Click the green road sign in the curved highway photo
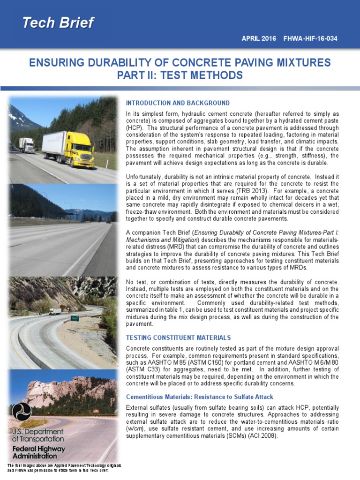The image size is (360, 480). [x=75, y=318]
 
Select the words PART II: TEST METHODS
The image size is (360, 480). [x=180, y=75]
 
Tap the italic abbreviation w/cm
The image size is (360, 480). [x=136, y=429]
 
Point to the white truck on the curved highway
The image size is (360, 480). [x=55, y=311]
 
